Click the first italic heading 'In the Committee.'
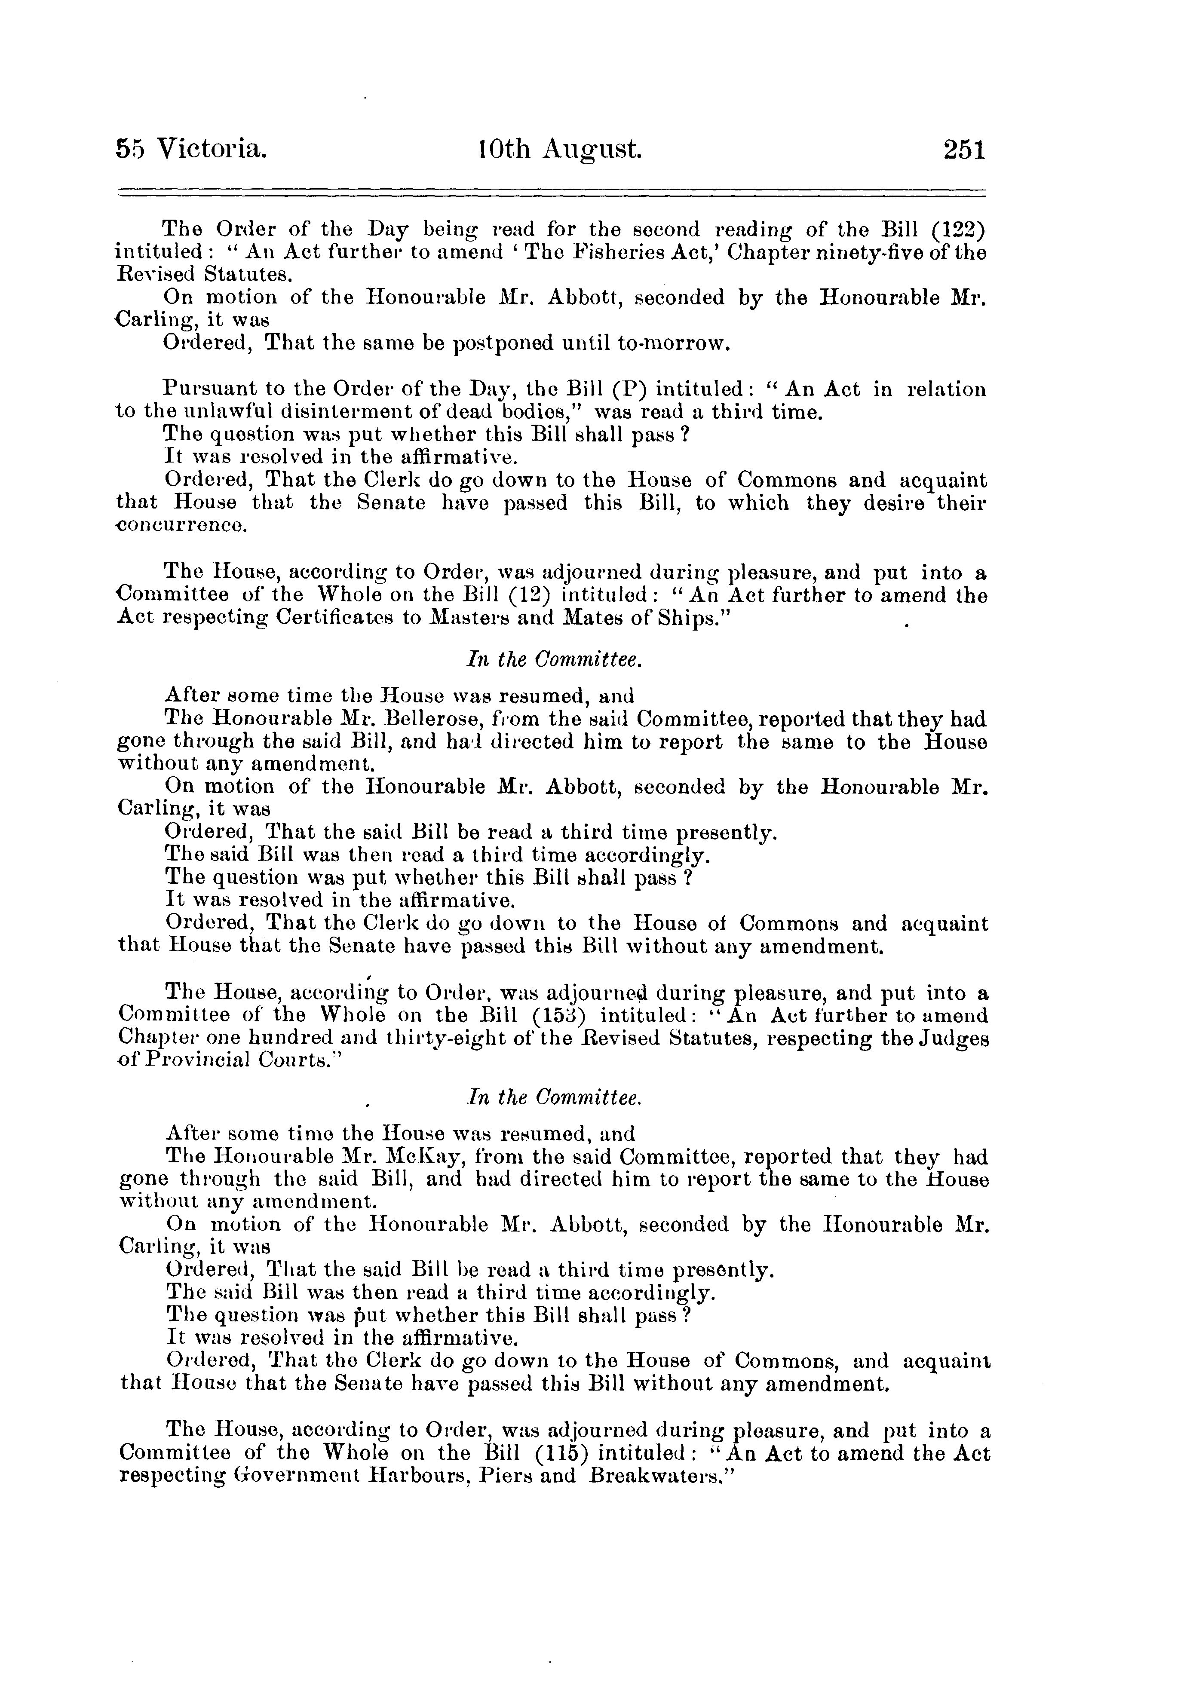point(555,660)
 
